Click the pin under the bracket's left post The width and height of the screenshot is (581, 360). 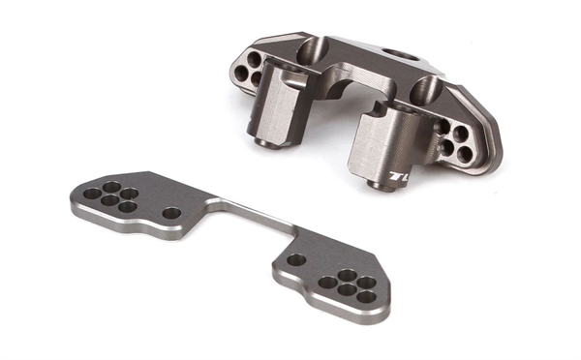tap(264, 142)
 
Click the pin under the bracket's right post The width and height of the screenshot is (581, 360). tap(385, 183)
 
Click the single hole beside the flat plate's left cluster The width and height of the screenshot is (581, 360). tap(171, 213)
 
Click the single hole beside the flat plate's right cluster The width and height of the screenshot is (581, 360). tap(296, 259)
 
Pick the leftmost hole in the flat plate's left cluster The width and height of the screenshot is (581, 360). tap(91, 194)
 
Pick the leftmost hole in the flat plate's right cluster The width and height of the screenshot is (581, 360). tap(327, 284)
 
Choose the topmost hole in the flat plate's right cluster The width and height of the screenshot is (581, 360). tap(345, 275)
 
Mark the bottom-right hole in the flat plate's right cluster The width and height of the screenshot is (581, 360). tap(366, 296)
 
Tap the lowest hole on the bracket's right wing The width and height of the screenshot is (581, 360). tap(465, 155)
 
